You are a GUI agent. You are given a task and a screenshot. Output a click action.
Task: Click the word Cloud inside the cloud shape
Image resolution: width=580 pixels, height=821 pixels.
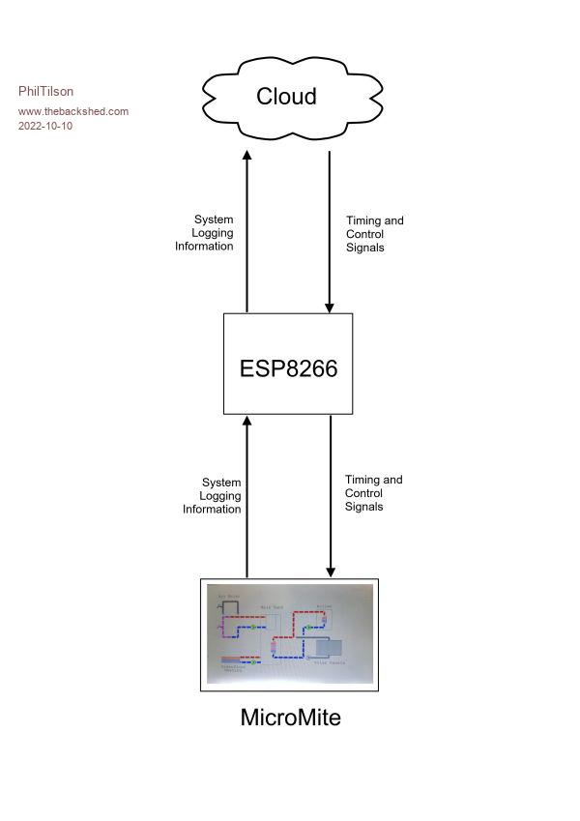(286, 97)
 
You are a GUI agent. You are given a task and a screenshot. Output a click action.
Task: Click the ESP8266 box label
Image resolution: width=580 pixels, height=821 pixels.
(289, 368)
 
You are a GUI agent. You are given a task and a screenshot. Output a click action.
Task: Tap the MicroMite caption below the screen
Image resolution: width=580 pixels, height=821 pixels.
(290, 718)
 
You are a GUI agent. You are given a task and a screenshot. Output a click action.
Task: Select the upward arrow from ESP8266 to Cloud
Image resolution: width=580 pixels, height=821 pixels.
(247, 232)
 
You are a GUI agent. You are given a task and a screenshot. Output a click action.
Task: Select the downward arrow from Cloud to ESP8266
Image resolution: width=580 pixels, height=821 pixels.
(330, 232)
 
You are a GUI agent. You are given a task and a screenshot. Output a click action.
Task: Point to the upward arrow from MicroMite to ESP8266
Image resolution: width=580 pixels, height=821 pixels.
(247, 498)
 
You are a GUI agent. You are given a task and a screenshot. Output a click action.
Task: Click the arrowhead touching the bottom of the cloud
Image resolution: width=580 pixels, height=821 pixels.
(247, 155)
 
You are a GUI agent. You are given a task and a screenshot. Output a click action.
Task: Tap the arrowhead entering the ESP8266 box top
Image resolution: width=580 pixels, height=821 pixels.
(330, 308)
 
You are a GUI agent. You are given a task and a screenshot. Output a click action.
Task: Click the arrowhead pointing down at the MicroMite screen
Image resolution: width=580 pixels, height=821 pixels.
(331, 572)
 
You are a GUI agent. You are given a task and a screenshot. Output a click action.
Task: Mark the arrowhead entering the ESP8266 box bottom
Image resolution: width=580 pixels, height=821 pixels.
(247, 421)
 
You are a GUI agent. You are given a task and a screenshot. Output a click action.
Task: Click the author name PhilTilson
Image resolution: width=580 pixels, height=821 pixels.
(45, 92)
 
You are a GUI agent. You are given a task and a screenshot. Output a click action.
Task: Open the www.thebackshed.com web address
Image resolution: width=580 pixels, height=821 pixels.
(73, 111)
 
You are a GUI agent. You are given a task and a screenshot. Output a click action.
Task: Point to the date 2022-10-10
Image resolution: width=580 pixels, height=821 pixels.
(45, 126)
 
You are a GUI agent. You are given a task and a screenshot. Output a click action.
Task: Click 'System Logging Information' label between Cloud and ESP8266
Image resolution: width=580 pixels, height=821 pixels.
(205, 233)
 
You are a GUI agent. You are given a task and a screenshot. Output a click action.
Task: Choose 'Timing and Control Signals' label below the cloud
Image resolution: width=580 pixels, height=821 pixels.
(374, 234)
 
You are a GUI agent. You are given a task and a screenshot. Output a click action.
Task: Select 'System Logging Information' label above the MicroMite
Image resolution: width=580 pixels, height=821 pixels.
(213, 496)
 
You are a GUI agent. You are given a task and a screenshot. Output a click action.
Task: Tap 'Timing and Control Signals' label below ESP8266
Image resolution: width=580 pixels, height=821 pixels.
(373, 493)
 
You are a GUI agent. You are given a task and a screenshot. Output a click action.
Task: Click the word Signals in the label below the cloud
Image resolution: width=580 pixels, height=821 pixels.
(365, 248)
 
